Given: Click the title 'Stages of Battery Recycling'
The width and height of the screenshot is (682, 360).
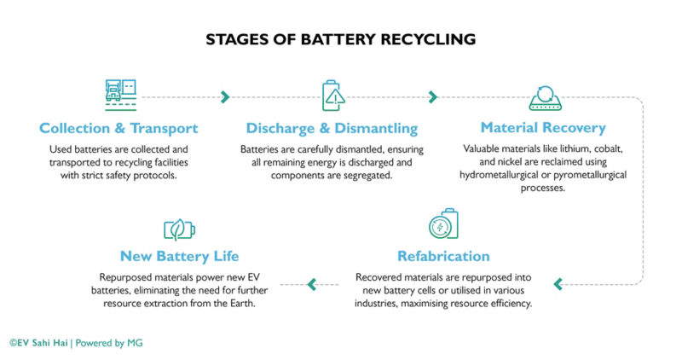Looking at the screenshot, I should tap(340, 39).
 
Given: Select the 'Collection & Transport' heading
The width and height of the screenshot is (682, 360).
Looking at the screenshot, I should tap(118, 128).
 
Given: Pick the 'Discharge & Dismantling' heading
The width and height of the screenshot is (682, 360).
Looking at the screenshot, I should tap(332, 128).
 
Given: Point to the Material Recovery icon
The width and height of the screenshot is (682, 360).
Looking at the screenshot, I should tap(543, 97).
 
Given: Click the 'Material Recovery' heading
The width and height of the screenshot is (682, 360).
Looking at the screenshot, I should tap(543, 128).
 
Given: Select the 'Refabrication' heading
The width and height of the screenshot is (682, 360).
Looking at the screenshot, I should tap(443, 256).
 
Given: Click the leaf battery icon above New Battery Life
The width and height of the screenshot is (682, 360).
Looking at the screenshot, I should tap(180, 229).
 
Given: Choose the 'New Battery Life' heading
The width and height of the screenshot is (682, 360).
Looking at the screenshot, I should tap(180, 256).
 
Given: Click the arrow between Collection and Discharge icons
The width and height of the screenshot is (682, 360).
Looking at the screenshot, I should tap(225, 96).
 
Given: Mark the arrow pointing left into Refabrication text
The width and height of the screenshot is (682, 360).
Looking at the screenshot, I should tap(558, 284).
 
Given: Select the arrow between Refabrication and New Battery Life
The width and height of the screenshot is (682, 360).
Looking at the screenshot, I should tap(312, 284).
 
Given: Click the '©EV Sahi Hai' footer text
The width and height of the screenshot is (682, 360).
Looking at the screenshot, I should tap(38, 343).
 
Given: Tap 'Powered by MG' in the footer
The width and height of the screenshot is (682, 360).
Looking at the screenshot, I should tap(109, 343).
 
